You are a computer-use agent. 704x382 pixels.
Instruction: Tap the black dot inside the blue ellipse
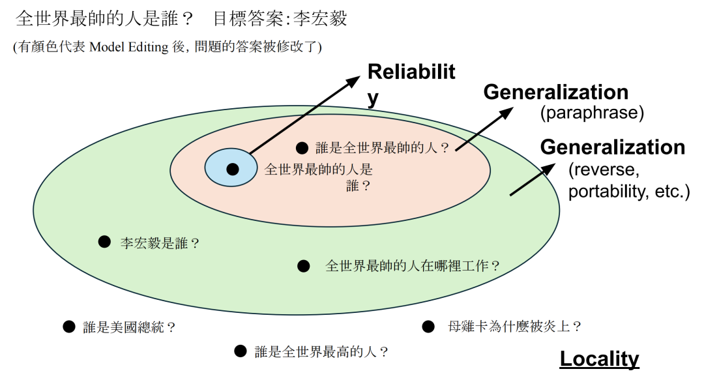pyautogui.click(x=233, y=169)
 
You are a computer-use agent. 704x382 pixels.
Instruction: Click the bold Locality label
pyautogui.click(x=599, y=359)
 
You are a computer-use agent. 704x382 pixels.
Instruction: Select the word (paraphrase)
pyautogui.click(x=591, y=113)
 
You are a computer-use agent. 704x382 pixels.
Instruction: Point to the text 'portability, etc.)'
pyautogui.click(x=629, y=192)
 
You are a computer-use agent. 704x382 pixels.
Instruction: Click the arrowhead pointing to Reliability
pyautogui.click(x=353, y=81)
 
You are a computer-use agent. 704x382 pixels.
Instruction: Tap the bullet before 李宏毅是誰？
pyautogui.click(x=104, y=242)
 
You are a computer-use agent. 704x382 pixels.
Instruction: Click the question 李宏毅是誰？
pyautogui.click(x=160, y=243)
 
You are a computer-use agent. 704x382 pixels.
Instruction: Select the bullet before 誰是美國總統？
pyautogui.click(x=69, y=327)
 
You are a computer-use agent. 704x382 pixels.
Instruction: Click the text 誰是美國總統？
pyautogui.click(x=130, y=327)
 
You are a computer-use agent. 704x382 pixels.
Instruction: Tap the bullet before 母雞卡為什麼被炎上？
pyautogui.click(x=428, y=327)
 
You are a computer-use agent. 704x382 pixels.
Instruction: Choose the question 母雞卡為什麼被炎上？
pyautogui.click(x=515, y=327)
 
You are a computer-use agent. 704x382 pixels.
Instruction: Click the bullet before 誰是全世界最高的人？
pyautogui.click(x=241, y=351)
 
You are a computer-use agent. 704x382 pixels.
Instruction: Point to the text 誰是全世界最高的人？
pyautogui.click(x=322, y=352)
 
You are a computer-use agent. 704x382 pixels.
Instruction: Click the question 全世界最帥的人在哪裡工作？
pyautogui.click(x=413, y=266)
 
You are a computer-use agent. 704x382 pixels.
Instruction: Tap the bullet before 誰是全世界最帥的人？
pyautogui.click(x=302, y=147)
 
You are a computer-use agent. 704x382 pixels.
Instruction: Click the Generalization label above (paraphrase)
pyautogui.click(x=555, y=93)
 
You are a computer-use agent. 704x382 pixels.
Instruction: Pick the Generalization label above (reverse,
pyautogui.click(x=612, y=147)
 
